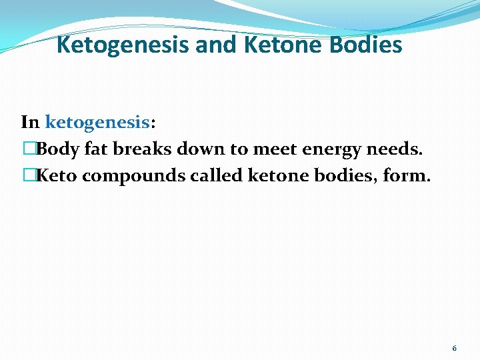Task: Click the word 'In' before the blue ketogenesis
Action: click(x=30, y=123)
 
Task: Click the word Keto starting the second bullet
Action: click(x=57, y=177)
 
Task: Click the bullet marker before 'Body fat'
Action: click(x=27, y=149)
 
